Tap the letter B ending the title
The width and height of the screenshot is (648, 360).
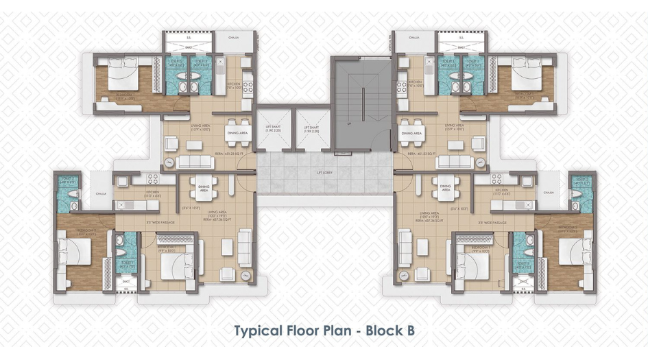(409, 330)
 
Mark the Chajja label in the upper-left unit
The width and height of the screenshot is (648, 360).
(235, 39)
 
